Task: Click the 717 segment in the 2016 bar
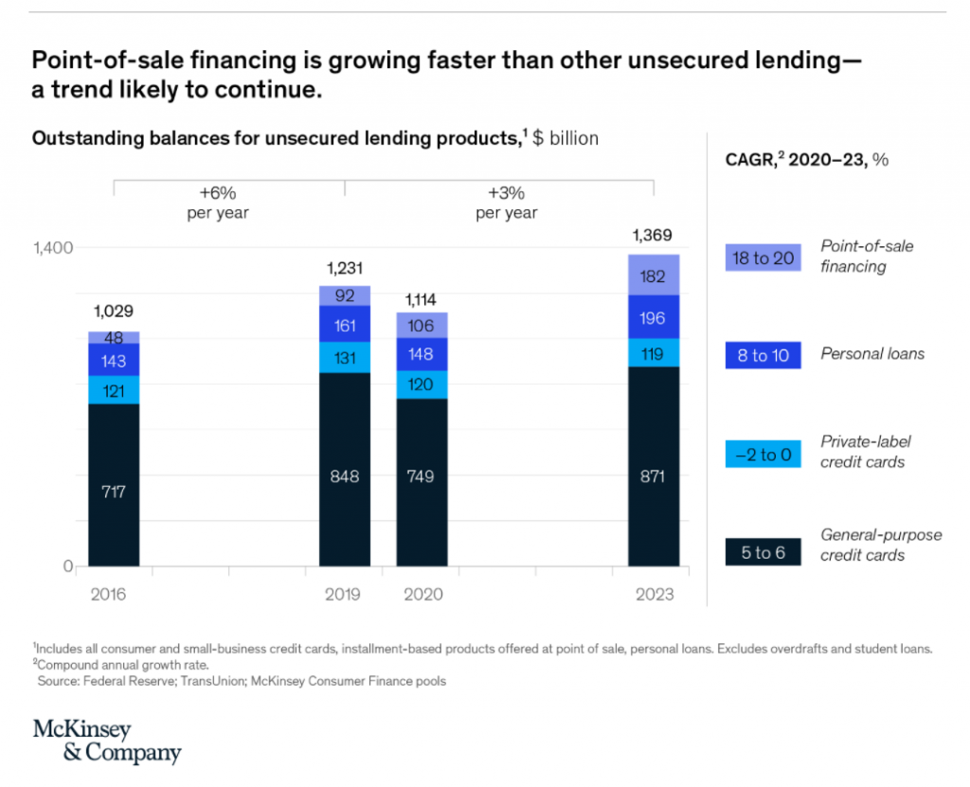tap(114, 491)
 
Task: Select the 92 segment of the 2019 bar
tap(344, 295)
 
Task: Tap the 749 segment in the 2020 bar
tap(422, 476)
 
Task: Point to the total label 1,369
tap(655, 235)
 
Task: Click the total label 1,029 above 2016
tap(114, 311)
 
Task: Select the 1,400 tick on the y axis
tap(53, 248)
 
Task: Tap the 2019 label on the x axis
tap(344, 595)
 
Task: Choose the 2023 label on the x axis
tap(655, 595)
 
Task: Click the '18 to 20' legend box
tap(763, 257)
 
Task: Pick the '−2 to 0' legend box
tap(763, 454)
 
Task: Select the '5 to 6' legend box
tap(763, 552)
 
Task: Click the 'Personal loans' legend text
tap(871, 354)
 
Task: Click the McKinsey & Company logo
tap(106, 741)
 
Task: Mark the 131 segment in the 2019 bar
tap(344, 358)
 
